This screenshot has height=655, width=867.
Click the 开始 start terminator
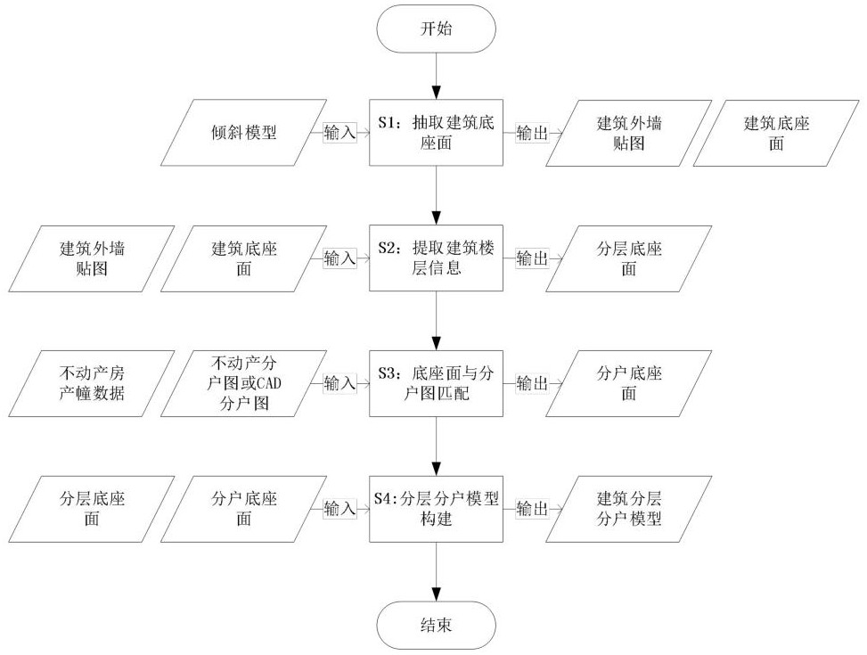click(x=436, y=29)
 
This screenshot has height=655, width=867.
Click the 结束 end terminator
click(x=436, y=625)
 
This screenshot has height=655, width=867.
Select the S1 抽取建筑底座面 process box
click(x=436, y=133)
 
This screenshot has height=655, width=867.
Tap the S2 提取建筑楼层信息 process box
click(x=436, y=258)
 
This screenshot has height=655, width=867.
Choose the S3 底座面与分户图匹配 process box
click(x=436, y=383)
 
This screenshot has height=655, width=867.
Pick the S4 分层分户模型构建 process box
click(x=436, y=508)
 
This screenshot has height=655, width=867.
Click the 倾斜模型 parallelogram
click(x=244, y=133)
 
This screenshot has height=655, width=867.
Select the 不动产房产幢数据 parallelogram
click(x=92, y=383)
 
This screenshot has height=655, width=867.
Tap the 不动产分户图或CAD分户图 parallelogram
click(x=244, y=383)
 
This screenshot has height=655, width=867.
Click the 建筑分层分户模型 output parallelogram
click(x=629, y=509)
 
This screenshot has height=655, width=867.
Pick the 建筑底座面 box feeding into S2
click(x=244, y=258)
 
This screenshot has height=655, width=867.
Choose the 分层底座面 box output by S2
click(x=629, y=258)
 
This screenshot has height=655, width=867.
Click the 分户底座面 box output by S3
click(x=629, y=383)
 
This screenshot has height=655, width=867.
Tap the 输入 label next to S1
click(x=339, y=133)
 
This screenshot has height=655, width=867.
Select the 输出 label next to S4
click(x=532, y=508)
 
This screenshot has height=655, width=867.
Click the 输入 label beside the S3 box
click(x=339, y=383)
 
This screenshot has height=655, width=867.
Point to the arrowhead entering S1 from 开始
click(x=437, y=93)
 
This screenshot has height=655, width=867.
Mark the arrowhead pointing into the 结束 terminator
click(x=437, y=594)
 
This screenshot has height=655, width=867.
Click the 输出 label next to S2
click(x=532, y=258)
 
